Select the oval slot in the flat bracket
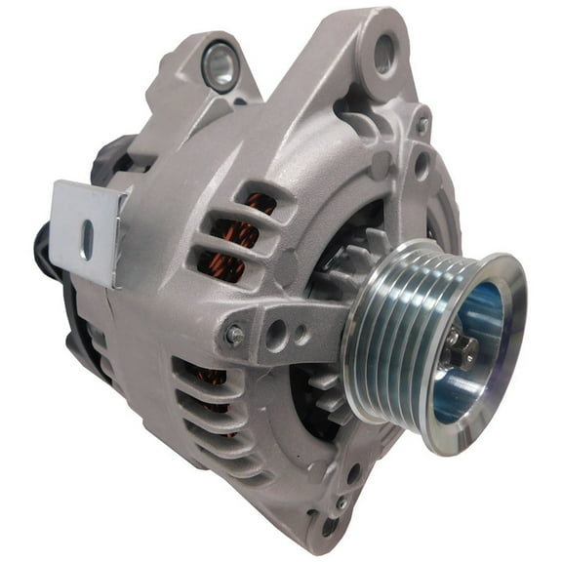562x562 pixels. click(88, 240)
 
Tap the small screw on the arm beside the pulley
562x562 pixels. click(235, 336)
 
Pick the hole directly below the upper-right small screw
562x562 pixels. click(421, 160)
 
